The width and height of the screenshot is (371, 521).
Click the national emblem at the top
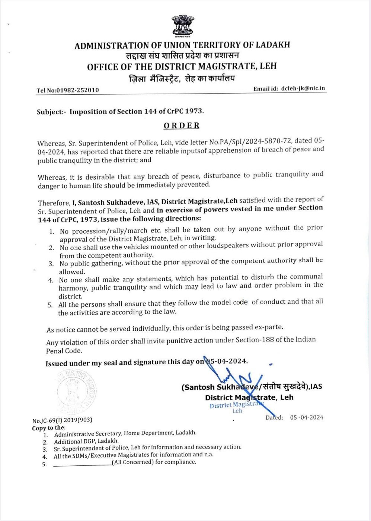coord(182,26)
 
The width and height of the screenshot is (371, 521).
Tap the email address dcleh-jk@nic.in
coord(303,88)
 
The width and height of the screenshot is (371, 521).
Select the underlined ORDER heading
coord(182,126)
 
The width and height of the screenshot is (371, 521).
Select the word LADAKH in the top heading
coord(273,45)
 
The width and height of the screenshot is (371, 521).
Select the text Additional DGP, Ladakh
coord(86,441)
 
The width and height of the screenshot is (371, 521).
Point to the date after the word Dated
coord(307,417)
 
